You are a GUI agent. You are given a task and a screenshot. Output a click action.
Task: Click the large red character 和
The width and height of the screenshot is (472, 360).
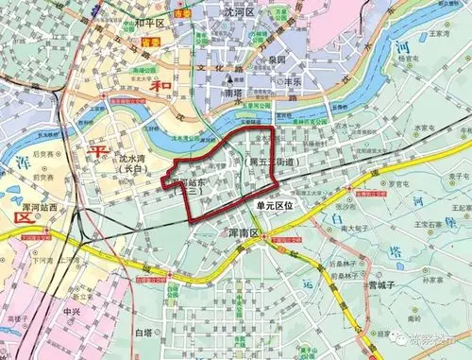coord(140,92)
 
